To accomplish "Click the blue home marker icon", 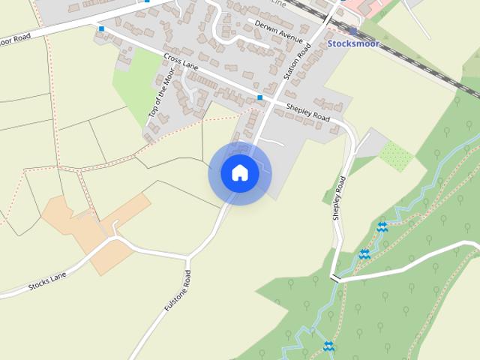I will point(240,173).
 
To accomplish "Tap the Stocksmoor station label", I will point(353,44).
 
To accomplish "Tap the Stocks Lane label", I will point(47,281).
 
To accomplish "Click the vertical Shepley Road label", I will point(339,197).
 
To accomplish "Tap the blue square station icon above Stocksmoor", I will point(352,31).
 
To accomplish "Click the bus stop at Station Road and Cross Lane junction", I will point(260,97).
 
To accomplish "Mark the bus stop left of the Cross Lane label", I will point(101,28).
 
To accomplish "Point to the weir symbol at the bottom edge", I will point(328,346).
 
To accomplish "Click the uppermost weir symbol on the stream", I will point(382,226).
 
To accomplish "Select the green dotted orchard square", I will point(395,155).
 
